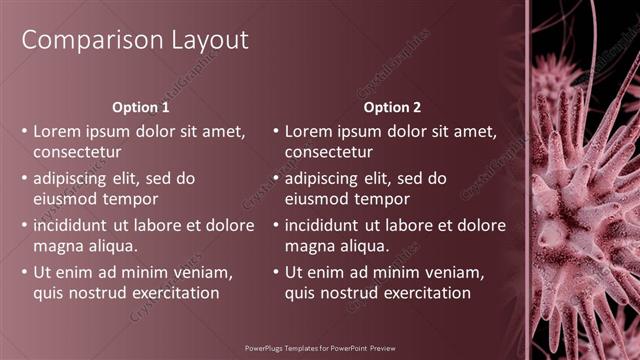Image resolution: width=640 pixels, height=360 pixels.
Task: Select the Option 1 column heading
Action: click(141, 107)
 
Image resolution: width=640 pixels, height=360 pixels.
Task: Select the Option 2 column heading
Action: click(392, 107)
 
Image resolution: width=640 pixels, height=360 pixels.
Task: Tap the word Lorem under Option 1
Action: click(57, 131)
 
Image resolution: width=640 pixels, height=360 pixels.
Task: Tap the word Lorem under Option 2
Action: click(309, 131)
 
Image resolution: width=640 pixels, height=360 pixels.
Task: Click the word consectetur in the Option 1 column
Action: click(78, 153)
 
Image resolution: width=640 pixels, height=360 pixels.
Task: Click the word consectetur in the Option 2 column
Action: click(329, 153)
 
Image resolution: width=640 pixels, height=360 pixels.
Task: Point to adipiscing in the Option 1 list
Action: click(75, 178)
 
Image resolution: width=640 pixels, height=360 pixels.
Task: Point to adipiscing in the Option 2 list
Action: click(326, 178)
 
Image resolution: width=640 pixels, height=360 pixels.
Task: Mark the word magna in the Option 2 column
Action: click(308, 246)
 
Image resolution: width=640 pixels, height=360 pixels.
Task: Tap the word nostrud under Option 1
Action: click(101, 293)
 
